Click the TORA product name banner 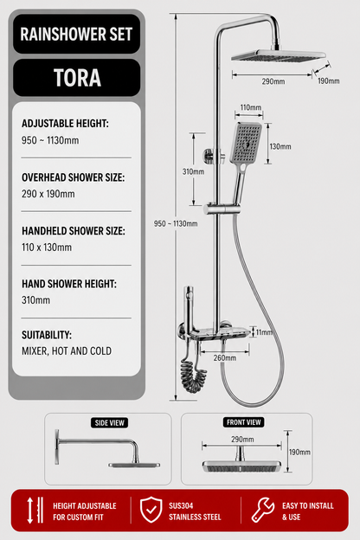77,78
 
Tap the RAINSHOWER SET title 76,34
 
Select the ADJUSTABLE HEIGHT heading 65,123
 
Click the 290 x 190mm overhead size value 48,194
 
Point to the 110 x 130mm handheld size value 47,247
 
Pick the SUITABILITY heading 47,335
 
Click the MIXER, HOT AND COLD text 67,351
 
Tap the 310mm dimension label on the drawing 193,171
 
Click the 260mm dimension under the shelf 225,357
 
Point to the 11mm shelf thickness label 264,332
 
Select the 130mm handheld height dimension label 280,147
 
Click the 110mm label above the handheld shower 250,107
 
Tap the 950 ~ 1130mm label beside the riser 176,224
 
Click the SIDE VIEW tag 110,423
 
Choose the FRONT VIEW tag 244,422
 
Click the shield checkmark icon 151,510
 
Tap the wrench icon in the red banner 263,510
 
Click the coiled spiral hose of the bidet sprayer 194,376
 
